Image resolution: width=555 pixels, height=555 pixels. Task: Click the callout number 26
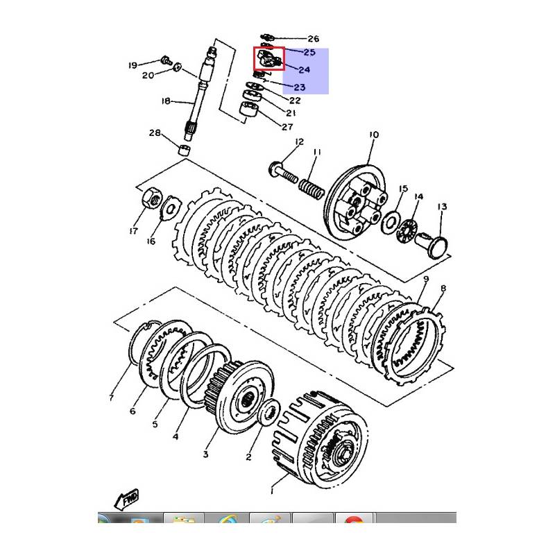[313, 39]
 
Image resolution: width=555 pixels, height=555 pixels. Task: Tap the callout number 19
[133, 66]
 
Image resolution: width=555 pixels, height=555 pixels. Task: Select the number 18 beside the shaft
[165, 101]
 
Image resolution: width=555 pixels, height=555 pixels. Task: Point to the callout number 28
[154, 133]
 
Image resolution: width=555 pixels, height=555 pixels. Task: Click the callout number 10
[374, 134]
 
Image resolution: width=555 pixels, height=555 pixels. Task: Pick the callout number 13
[441, 206]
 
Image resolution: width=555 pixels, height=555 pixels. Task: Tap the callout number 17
[133, 231]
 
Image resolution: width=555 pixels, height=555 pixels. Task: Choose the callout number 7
[110, 398]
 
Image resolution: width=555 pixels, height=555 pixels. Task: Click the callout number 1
[272, 490]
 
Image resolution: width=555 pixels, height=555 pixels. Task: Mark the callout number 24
[304, 69]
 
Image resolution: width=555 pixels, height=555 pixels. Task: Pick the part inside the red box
[268, 60]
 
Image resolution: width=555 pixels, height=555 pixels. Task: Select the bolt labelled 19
[166, 60]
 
